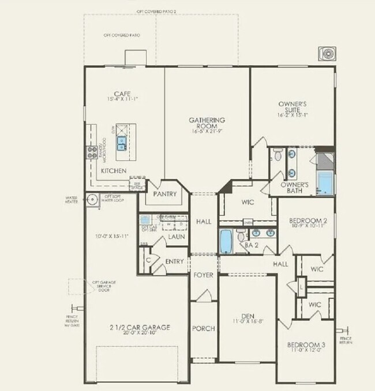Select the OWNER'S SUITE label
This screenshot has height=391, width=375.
coord(292,107)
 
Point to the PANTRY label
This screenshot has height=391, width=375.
coord(164,195)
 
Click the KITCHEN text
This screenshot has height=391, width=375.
coord(114,172)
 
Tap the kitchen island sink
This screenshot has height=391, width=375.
coord(122,140)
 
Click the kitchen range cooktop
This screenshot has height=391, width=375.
coord(92,152)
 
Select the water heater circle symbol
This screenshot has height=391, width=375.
coord(92,199)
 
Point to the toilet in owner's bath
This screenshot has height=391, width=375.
coord(277,154)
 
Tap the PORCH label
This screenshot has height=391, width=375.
coord(204,328)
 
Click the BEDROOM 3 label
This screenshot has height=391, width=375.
coord(306,345)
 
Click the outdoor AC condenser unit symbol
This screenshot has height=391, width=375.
coord(328,54)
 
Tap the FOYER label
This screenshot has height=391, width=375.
coord(203,275)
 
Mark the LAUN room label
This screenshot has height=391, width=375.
coord(176,237)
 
